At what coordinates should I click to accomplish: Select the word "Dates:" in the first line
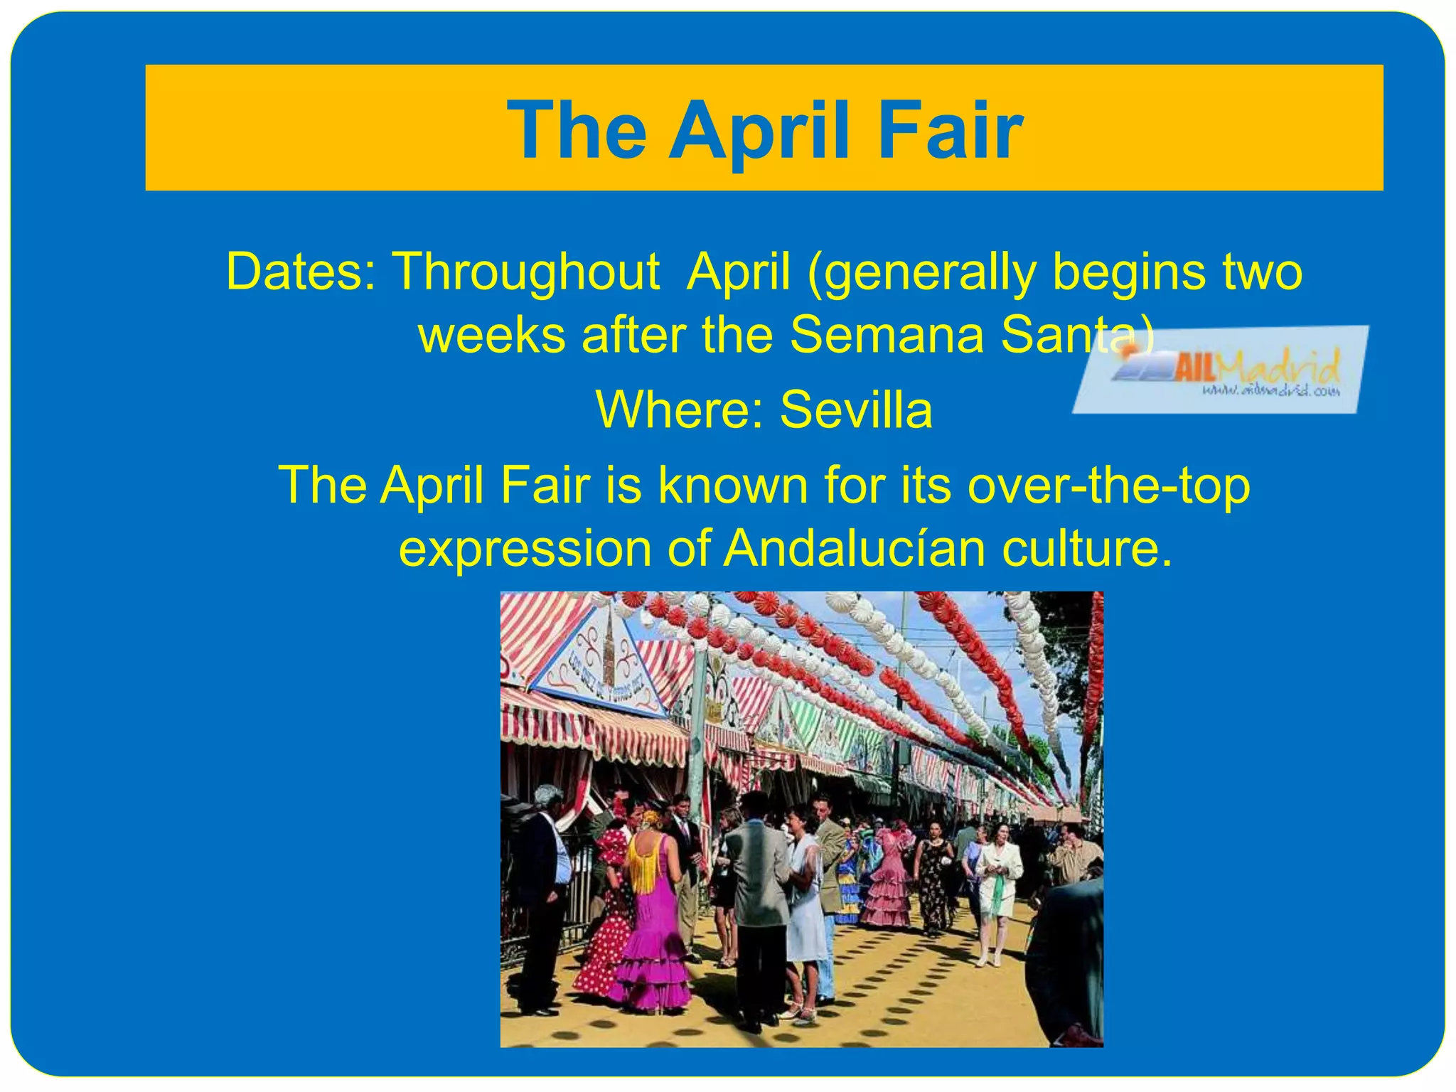(x=300, y=272)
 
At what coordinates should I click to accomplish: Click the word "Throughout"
(x=526, y=273)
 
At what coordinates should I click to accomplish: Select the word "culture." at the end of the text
(x=1087, y=549)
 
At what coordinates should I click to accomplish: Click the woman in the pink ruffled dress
(x=887, y=882)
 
